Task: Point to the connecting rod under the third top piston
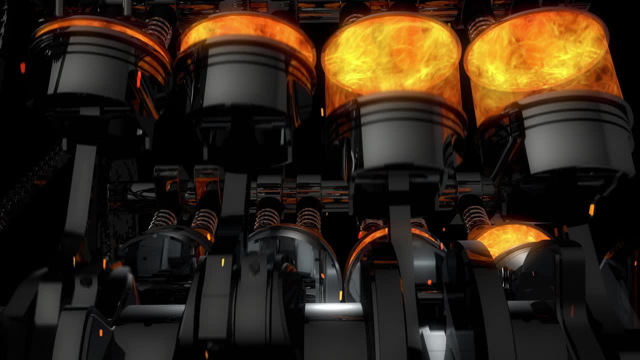(x=400, y=225)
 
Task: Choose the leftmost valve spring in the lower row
(x=163, y=218)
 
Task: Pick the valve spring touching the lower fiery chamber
(x=475, y=217)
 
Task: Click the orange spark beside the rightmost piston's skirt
(x=591, y=209)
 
